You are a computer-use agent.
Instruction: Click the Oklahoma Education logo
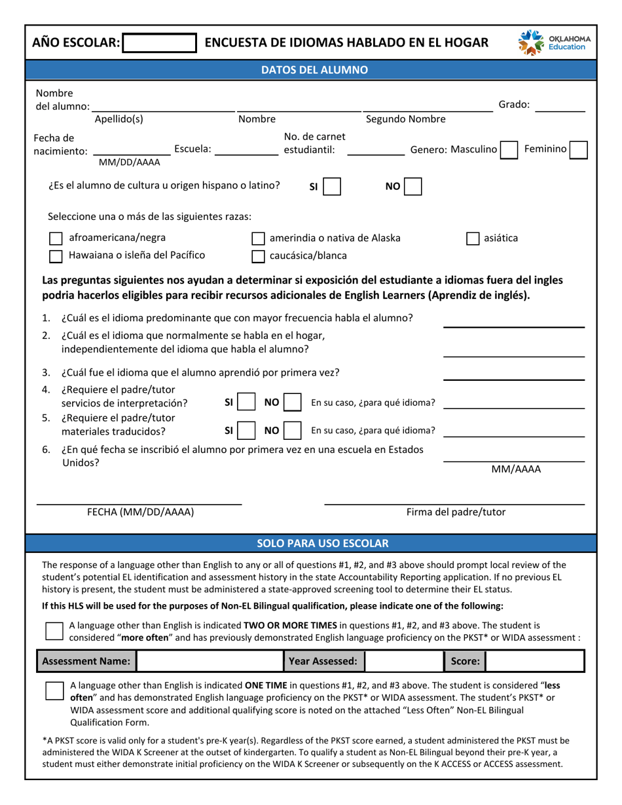554,43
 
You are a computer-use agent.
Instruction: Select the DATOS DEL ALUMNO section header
311,70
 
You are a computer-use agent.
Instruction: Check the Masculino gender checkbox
509,150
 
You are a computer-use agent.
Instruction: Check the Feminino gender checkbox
578,150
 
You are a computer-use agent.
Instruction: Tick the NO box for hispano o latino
413,187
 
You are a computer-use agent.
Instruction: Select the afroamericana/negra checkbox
57,239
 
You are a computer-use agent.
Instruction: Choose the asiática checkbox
472,239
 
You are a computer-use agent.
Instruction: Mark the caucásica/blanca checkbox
259,256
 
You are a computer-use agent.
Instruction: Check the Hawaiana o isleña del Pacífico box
57,256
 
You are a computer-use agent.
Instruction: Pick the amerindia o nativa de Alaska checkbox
259,239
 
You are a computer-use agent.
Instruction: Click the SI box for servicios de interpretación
246,402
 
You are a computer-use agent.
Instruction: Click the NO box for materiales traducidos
292,430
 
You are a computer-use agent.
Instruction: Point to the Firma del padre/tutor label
456,512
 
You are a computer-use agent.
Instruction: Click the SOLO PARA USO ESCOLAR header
311,543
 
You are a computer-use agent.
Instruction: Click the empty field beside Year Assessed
403,662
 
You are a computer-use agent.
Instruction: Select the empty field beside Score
534,662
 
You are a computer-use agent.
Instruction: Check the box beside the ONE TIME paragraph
54,691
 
